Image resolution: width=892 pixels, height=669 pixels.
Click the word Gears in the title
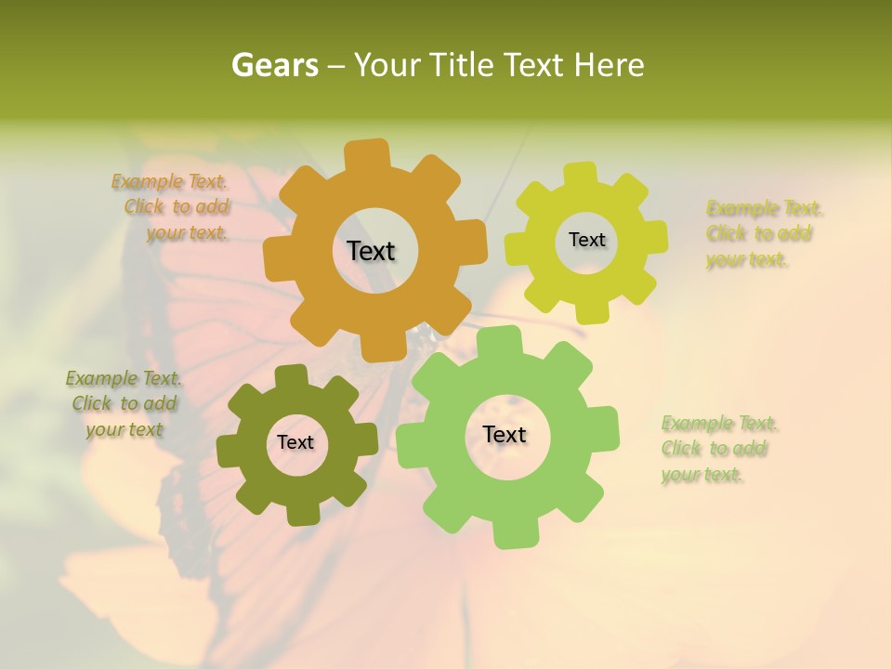click(274, 66)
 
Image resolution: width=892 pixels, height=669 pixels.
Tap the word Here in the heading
click(609, 66)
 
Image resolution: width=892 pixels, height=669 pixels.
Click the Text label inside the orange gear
click(371, 251)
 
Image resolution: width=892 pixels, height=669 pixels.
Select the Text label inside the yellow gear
click(586, 240)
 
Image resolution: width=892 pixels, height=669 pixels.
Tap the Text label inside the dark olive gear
click(295, 443)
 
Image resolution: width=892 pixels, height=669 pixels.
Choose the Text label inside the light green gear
click(505, 435)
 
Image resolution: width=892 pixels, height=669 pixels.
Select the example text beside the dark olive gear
click(124, 404)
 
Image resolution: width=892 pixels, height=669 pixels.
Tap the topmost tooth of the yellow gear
click(581, 173)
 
